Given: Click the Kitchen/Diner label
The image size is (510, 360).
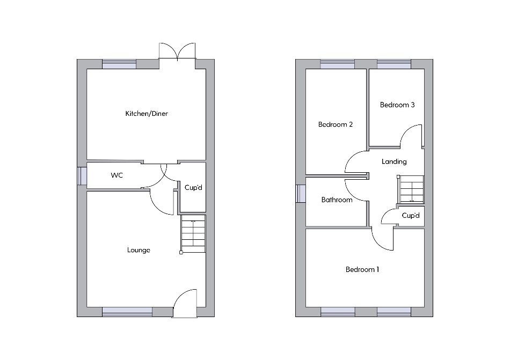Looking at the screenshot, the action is (147, 113).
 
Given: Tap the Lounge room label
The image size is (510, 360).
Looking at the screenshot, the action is (139, 250).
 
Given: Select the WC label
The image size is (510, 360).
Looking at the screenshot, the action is (117, 175).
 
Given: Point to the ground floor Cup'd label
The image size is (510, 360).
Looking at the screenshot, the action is (193, 187).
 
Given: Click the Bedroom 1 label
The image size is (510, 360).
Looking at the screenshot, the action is (362, 269).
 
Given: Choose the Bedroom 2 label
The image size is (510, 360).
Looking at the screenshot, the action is (336, 124).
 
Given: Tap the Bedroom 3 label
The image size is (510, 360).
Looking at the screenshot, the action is (397, 105).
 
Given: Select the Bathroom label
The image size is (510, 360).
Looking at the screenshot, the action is (337, 200).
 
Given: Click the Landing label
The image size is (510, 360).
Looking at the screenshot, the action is (394, 161).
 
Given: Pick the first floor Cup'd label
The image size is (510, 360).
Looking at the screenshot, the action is (411, 216).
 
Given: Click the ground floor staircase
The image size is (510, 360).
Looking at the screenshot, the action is (193, 234).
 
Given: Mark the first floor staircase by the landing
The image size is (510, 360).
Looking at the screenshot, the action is (411, 189).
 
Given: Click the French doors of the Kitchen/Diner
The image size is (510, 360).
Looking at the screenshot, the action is (177, 52).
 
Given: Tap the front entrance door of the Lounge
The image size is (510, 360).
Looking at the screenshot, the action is (185, 303).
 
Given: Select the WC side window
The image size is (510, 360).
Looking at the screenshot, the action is (82, 176).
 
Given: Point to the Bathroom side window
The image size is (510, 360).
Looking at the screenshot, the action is (301, 194).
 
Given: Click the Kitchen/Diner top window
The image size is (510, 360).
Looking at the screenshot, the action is (119, 64).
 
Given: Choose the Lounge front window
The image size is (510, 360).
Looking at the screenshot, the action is (127, 312).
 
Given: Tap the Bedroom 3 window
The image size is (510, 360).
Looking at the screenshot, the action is (394, 64).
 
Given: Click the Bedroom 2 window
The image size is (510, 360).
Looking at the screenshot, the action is (337, 64).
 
